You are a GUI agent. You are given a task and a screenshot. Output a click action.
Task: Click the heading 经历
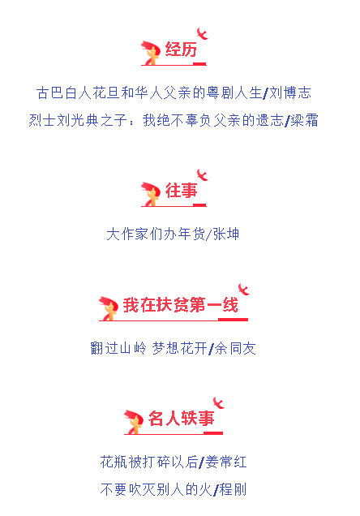pyautogui.click(x=181, y=49)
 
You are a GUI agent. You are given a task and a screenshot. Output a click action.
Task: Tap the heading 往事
pyautogui.click(x=181, y=191)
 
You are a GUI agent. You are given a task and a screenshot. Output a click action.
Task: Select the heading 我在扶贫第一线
pyautogui.click(x=181, y=305)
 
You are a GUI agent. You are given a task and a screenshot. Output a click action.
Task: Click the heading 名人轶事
pyautogui.click(x=181, y=419)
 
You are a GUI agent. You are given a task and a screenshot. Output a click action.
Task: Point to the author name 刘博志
pyautogui.click(x=290, y=92)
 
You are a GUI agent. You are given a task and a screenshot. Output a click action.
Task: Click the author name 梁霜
pyautogui.click(x=304, y=120)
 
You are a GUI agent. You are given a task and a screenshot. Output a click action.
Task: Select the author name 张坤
pyautogui.click(x=225, y=234)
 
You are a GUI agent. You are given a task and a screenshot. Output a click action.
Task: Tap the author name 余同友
pyautogui.click(x=235, y=349)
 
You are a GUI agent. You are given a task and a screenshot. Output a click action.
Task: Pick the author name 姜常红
pyautogui.click(x=226, y=462)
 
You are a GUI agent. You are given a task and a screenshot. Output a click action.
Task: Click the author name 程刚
pyautogui.click(x=233, y=490)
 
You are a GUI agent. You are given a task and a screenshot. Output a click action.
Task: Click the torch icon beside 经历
pyautogui.click(x=151, y=53)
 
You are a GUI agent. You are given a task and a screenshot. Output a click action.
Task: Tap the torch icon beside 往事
pyautogui.click(x=151, y=194)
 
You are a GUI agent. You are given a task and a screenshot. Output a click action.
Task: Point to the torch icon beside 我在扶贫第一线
pyautogui.click(x=109, y=308)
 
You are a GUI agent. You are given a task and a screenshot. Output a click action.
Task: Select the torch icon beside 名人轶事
pyautogui.click(x=134, y=422)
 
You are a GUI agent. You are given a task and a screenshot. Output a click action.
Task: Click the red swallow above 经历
pyautogui.click(x=202, y=33)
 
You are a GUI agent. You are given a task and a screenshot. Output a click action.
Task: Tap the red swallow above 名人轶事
pyautogui.click(x=218, y=402)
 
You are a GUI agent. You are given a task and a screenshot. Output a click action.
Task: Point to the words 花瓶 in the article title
pyautogui.click(x=114, y=462)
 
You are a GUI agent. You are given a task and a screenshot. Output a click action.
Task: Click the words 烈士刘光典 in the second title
pyautogui.click(x=63, y=120)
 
